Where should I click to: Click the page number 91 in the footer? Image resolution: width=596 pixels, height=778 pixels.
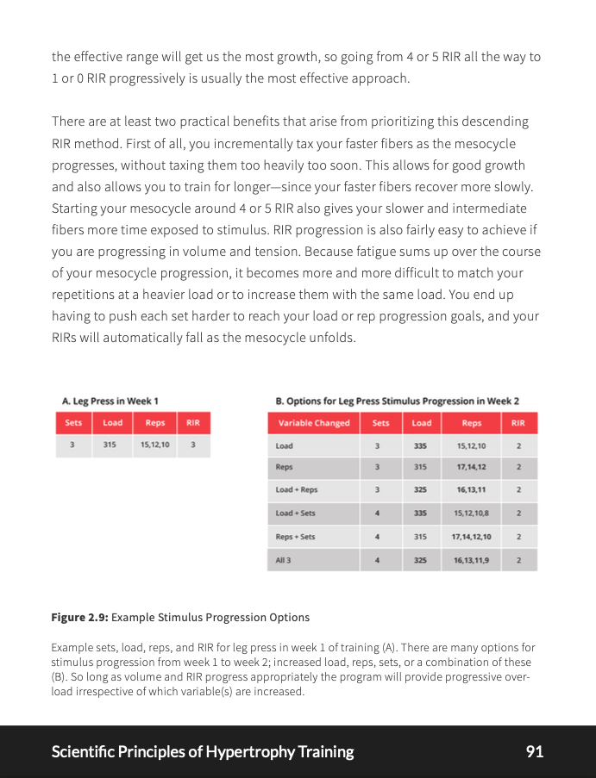[534, 751]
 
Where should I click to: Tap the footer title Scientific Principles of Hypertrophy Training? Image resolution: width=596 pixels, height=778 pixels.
[203, 751]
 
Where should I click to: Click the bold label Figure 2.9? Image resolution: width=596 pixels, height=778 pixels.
[79, 617]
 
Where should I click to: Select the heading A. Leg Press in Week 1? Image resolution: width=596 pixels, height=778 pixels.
[110, 401]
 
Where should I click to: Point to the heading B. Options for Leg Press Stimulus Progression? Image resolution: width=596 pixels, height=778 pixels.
[397, 401]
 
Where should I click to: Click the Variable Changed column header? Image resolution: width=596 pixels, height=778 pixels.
[314, 423]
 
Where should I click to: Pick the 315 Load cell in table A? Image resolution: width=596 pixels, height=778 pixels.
[110, 445]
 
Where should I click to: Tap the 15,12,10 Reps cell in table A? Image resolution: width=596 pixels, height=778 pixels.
[155, 445]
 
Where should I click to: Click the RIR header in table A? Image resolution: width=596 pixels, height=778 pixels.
[193, 423]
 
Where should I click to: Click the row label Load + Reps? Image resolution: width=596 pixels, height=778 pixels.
[296, 489]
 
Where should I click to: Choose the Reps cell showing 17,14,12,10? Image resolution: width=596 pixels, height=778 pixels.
[472, 537]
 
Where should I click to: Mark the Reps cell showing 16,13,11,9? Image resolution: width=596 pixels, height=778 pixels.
[472, 560]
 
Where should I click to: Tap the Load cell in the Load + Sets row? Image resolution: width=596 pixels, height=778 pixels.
[420, 513]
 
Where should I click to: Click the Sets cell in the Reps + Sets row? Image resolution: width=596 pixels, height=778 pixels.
[378, 537]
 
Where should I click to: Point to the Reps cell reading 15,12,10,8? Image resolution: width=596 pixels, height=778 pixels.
[472, 513]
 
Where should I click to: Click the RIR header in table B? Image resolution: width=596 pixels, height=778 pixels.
[518, 423]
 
